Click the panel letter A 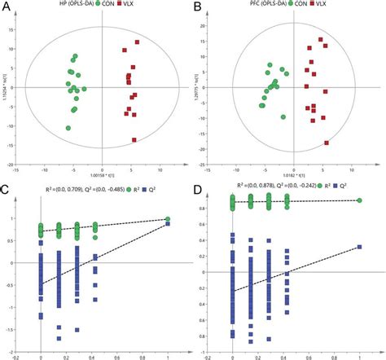pos(7,7)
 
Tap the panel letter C pos(7,191)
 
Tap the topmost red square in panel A pos(137,42)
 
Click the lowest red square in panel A pos(134,139)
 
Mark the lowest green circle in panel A pos(68,128)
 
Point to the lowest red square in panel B pos(327,143)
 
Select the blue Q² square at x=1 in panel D pos(359,246)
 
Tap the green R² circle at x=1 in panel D pos(359,200)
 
